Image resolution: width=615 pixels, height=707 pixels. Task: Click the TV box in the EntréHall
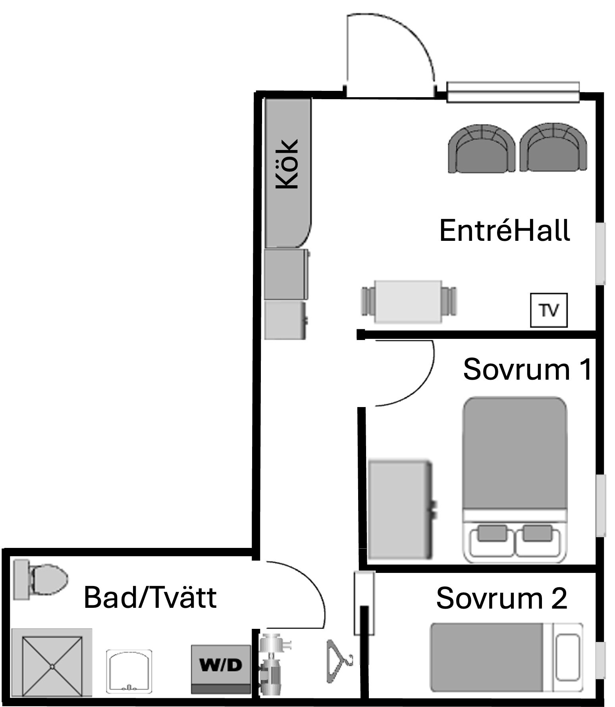click(549, 310)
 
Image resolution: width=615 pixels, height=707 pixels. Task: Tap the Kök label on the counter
click(287, 163)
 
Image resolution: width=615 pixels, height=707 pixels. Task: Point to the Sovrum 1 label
click(527, 369)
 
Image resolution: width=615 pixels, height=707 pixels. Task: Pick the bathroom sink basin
click(129, 671)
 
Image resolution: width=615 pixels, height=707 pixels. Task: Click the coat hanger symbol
click(339, 661)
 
